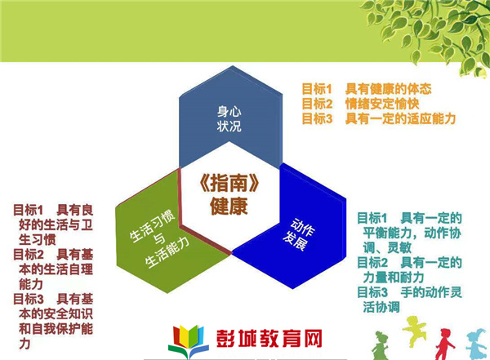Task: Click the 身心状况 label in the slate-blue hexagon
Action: [229, 119]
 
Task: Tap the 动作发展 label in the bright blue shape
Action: [299, 234]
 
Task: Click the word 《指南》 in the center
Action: [229, 183]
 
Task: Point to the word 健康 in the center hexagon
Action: [229, 206]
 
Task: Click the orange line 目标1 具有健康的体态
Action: [366, 89]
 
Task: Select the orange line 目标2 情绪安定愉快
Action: [360, 104]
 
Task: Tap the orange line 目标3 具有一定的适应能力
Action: [379, 118]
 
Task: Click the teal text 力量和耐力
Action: [394, 278]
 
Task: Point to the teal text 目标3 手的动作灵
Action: [409, 292]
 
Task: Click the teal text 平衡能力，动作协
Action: [412, 233]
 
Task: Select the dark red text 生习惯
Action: [38, 239]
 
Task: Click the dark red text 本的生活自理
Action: [56, 269]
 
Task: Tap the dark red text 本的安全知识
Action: [56, 313]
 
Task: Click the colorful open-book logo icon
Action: [189, 341]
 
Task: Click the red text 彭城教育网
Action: [269, 339]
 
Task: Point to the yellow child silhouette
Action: [414, 331]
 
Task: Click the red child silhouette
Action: [445, 344]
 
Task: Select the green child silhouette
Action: [380, 346]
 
